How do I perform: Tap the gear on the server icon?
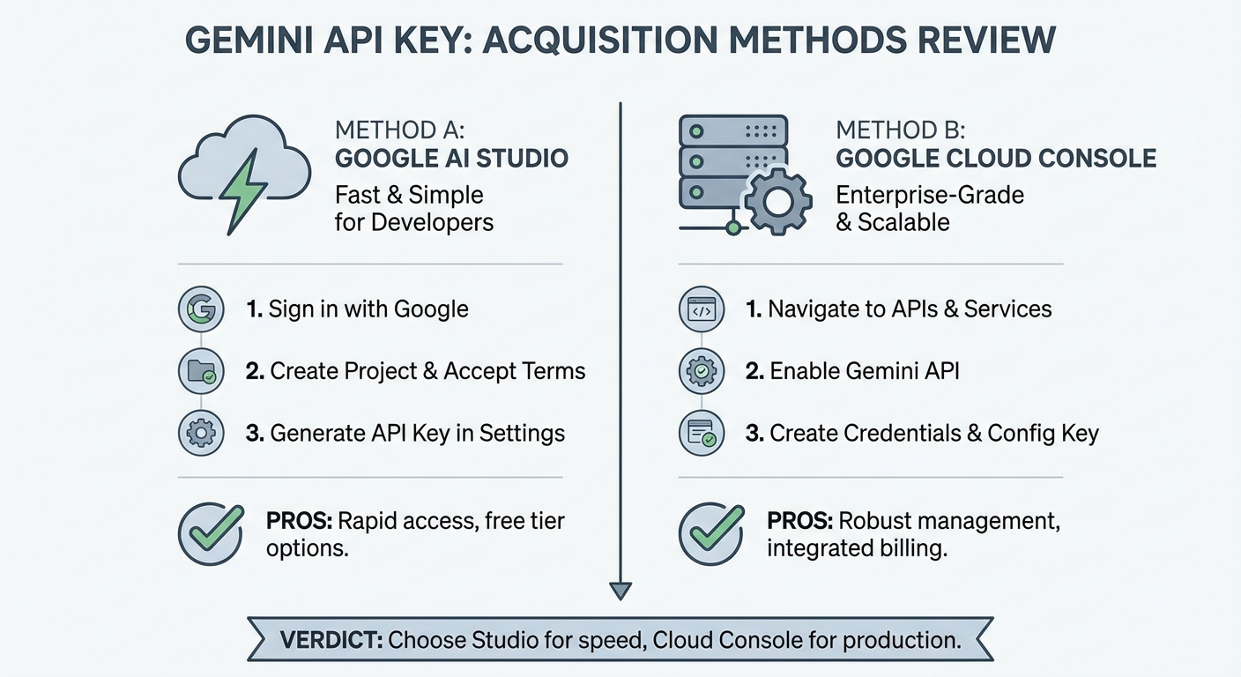(x=778, y=202)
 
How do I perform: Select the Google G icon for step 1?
(x=201, y=309)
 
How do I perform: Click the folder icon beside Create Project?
(x=201, y=371)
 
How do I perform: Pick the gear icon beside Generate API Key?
(x=201, y=433)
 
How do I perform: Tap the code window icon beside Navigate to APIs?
(x=702, y=309)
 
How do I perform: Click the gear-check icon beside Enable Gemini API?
(x=702, y=371)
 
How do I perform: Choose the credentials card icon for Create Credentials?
(x=702, y=433)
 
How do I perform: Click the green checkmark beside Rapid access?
(x=216, y=528)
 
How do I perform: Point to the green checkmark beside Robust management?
(x=717, y=528)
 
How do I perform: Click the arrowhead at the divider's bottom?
(x=620, y=591)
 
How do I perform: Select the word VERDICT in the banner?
(x=331, y=640)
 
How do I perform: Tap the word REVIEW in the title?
(x=986, y=41)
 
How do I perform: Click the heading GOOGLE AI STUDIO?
(x=451, y=159)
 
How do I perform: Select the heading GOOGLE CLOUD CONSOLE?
(x=996, y=159)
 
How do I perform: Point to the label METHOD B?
(x=900, y=130)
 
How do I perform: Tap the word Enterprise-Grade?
(x=930, y=196)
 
